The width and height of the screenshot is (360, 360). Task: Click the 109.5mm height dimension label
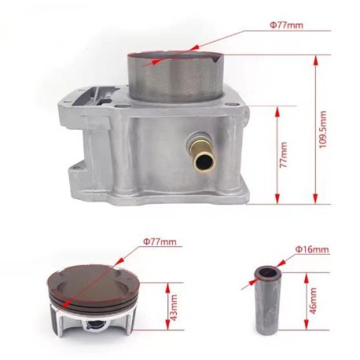point(323,130)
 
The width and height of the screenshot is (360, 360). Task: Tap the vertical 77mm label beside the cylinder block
point(284,155)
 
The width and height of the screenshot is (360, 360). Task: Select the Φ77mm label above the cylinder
point(286,25)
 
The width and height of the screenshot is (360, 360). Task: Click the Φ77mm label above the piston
point(160,241)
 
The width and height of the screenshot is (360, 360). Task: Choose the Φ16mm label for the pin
point(312,249)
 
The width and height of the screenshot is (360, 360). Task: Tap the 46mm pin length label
point(313,301)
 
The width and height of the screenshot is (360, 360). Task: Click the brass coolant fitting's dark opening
point(204,162)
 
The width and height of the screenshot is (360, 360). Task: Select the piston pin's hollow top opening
point(268,274)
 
